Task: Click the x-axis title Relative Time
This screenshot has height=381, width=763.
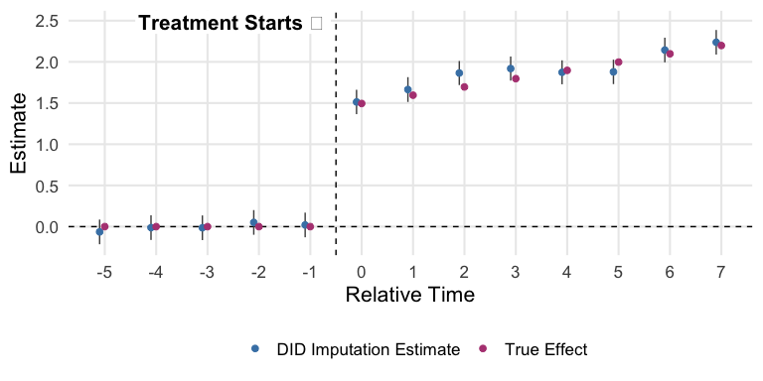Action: point(409,295)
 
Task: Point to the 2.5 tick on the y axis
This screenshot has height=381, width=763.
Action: point(47,21)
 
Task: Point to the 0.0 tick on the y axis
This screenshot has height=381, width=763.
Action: point(47,227)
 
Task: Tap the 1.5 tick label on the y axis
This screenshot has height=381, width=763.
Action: point(47,103)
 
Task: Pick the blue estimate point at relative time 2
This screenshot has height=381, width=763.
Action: point(459,72)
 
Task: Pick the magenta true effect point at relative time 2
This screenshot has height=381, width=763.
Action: point(464,87)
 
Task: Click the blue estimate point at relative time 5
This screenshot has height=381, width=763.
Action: point(613,71)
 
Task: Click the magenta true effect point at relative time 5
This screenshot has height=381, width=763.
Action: point(618,63)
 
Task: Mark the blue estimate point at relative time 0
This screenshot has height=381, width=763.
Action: point(357,101)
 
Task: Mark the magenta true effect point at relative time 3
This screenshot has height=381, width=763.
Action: point(516,78)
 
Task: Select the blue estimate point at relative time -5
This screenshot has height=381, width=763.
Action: point(99,231)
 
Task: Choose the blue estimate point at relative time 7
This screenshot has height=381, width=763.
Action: point(716,43)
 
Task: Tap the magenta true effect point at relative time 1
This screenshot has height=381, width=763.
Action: point(412,95)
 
